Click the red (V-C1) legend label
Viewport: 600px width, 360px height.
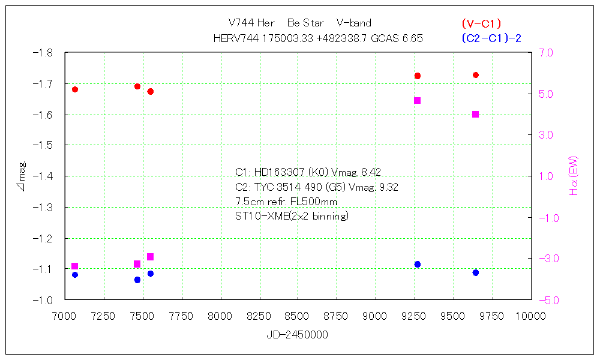click(x=481, y=24)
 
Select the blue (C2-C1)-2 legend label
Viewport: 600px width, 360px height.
click(x=491, y=38)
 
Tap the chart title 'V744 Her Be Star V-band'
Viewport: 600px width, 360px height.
click(x=300, y=23)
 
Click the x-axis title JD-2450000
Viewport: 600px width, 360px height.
click(x=298, y=335)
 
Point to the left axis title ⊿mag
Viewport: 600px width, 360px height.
click(x=22, y=176)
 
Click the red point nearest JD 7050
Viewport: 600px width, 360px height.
click(x=75, y=89)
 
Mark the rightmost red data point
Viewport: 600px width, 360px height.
click(x=476, y=75)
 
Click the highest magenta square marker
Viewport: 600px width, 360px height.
click(x=418, y=101)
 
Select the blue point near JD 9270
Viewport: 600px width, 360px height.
click(x=418, y=264)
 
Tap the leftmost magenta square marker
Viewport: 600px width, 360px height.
click(x=75, y=266)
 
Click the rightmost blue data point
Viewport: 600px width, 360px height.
click(x=476, y=272)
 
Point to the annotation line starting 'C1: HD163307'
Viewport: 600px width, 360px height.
click(x=308, y=173)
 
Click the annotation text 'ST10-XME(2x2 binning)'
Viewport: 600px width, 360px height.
click(x=292, y=216)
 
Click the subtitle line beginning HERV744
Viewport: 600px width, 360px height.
click(x=318, y=38)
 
